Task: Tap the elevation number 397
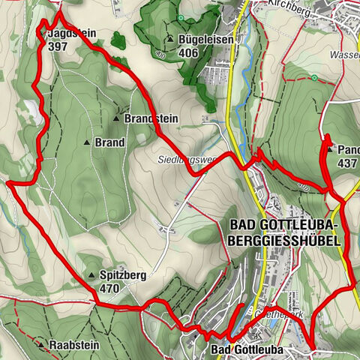coord(57,46)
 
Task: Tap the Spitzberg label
coord(122,275)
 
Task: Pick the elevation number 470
coord(109,287)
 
